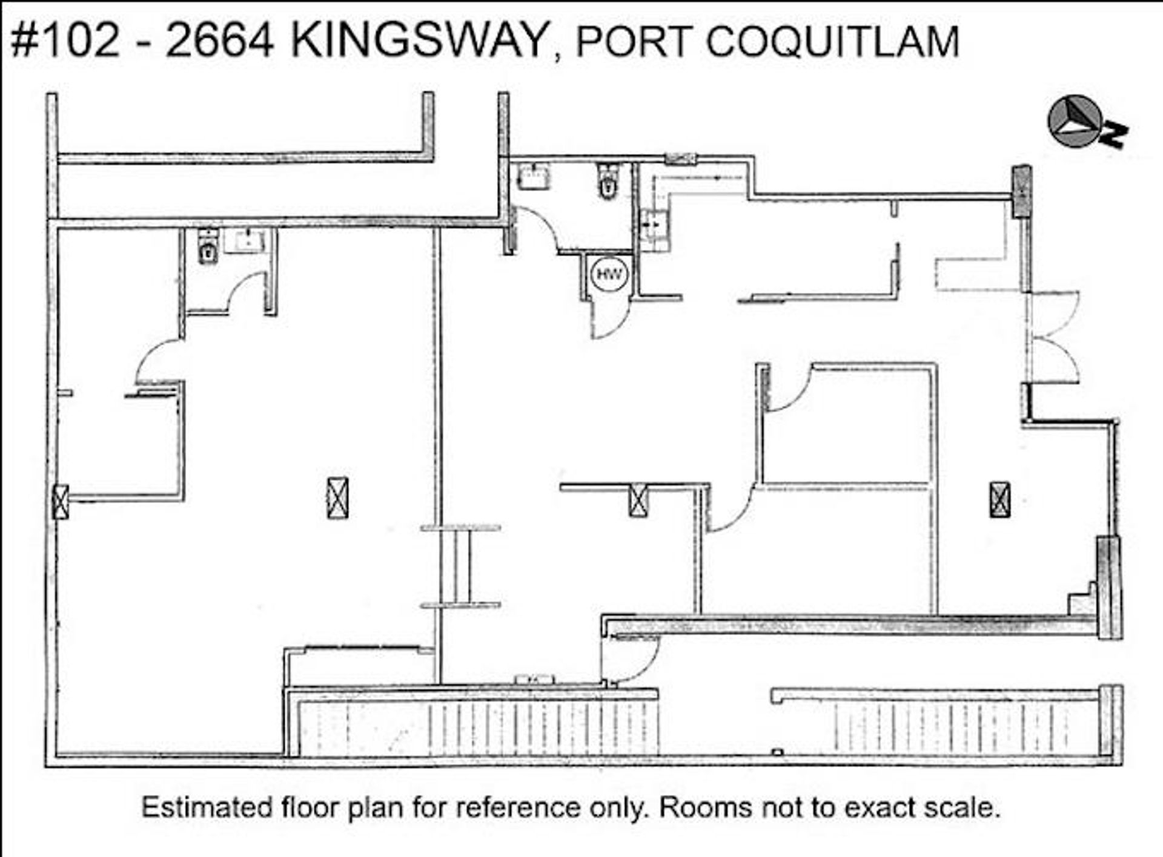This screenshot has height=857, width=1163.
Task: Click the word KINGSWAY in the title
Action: [x=419, y=41]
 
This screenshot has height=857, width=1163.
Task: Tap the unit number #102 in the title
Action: [x=65, y=41]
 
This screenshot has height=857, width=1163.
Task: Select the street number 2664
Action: [x=219, y=41]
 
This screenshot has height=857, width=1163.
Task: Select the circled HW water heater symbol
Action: [x=609, y=274]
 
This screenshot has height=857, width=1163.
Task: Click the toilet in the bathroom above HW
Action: [x=607, y=180]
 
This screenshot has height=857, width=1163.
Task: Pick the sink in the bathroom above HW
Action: [x=534, y=176]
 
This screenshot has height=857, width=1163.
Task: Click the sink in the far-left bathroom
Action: [x=245, y=241]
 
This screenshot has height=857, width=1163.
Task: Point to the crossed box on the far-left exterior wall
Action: [x=61, y=502]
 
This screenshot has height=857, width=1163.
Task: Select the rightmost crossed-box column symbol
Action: [x=999, y=499]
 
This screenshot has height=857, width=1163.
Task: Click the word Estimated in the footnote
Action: [x=206, y=808]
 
